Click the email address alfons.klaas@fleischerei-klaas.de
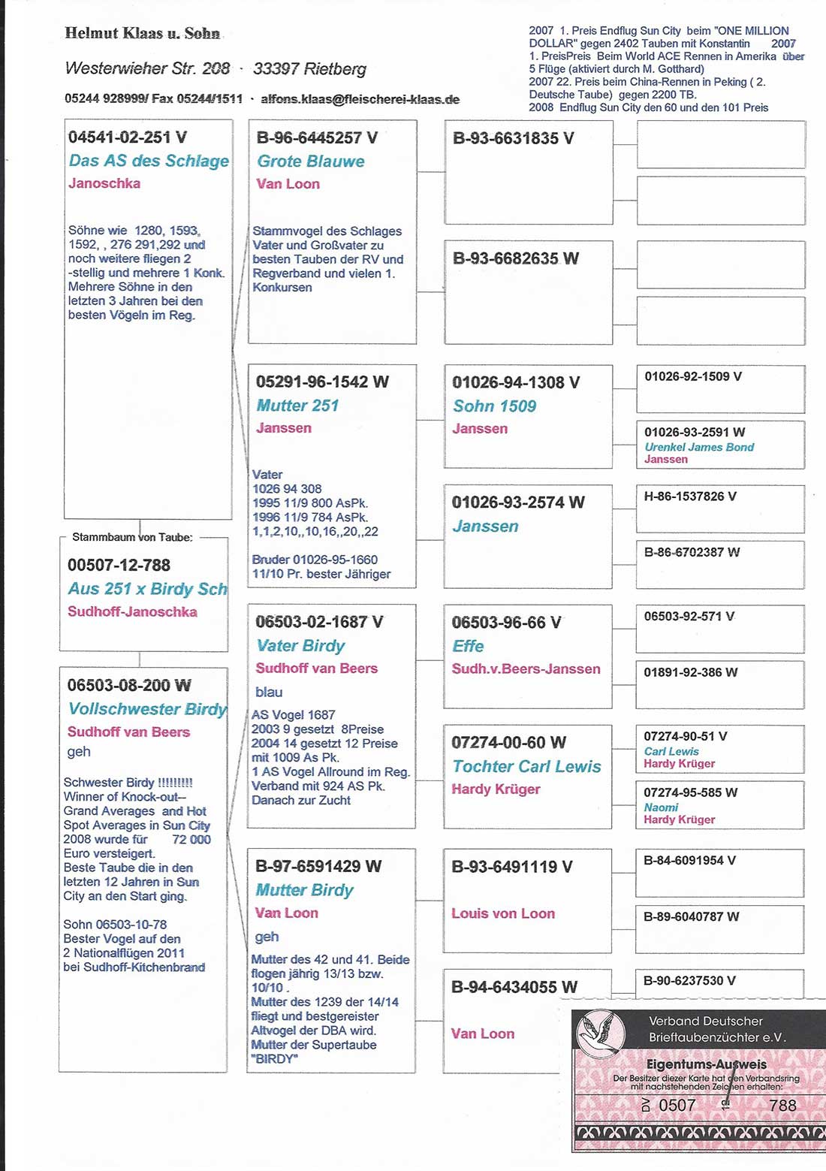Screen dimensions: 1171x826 point(360,99)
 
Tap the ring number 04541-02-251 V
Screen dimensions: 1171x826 point(128,137)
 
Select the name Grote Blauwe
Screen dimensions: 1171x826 point(311,161)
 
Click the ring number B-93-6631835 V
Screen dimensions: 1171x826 point(513,138)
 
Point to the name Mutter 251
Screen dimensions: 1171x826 point(297,406)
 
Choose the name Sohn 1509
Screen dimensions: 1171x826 point(494,406)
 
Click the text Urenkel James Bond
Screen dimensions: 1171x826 point(699,447)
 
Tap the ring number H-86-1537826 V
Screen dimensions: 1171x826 point(690,496)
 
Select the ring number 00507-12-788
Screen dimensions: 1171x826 point(119,565)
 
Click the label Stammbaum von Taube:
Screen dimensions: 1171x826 point(132,537)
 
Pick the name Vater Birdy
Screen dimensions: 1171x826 point(300,646)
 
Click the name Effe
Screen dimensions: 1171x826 point(468,646)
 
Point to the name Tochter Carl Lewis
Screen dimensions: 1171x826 point(526,766)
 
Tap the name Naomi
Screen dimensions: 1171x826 point(661,807)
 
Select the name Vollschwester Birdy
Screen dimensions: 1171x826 point(147,709)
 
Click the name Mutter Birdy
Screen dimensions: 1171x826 point(304,890)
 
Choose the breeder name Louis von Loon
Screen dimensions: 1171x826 point(503,913)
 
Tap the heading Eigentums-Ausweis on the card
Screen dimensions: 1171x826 point(706,1064)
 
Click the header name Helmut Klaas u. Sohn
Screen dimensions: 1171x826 point(143,33)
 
